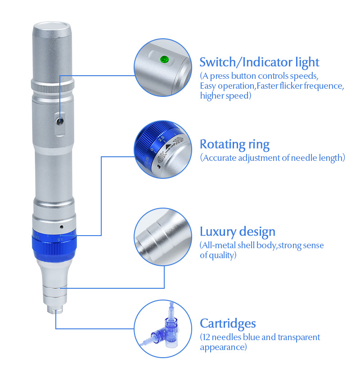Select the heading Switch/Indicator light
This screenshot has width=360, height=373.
click(x=259, y=62)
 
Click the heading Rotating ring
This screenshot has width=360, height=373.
click(x=234, y=145)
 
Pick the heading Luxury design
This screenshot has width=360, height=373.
click(x=237, y=232)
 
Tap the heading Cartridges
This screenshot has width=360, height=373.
click(x=228, y=323)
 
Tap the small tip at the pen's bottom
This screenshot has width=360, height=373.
click(x=56, y=311)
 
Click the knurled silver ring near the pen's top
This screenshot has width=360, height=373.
click(x=52, y=86)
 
